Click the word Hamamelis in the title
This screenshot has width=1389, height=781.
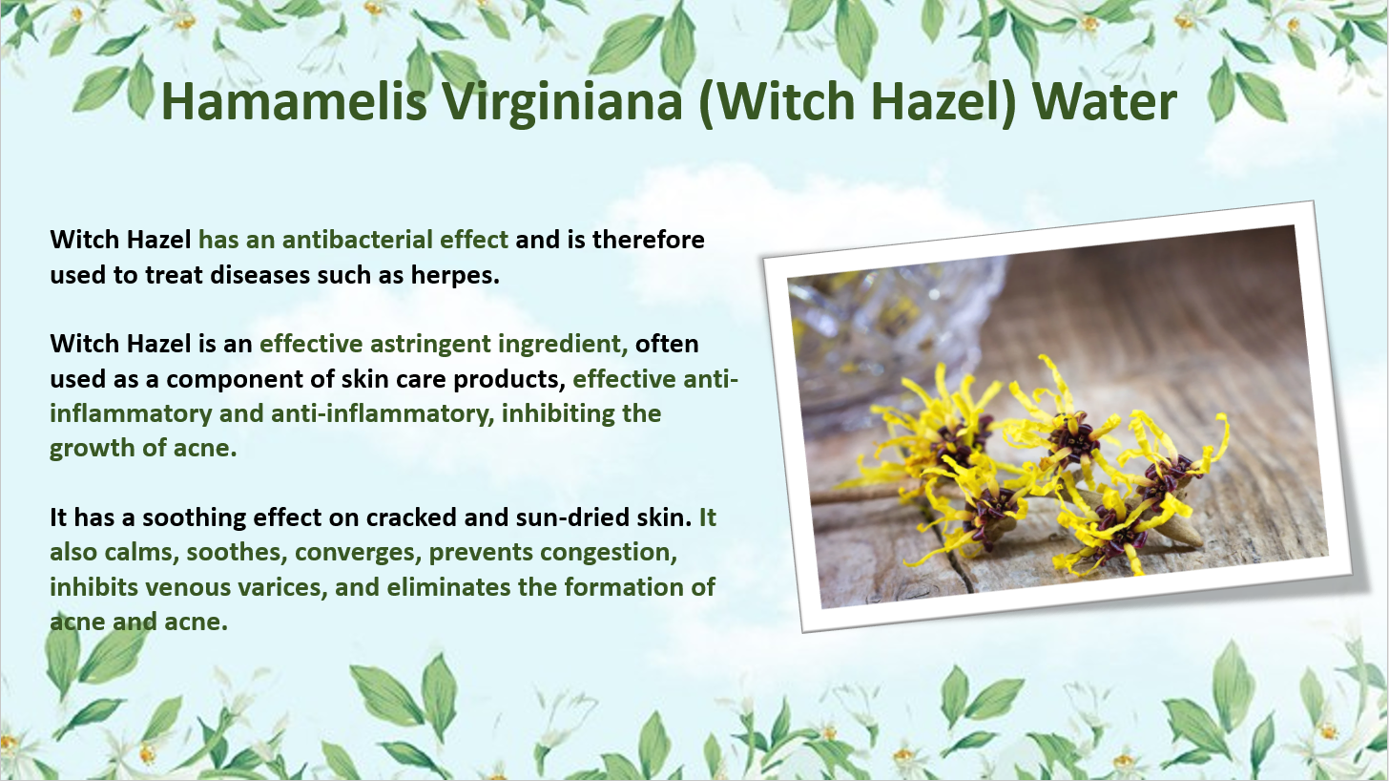click(294, 101)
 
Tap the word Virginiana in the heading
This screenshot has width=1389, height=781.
click(563, 103)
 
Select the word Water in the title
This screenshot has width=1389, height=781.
click(1105, 101)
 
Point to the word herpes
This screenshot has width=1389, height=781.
click(455, 276)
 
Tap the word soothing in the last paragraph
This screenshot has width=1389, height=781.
click(194, 518)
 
